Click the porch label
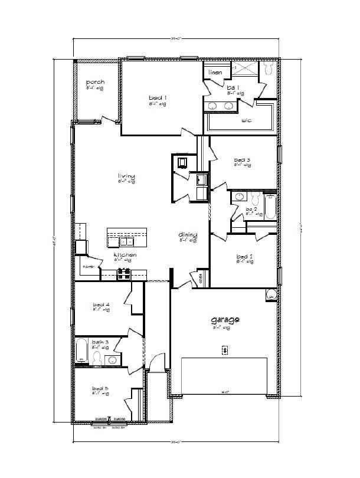click(95, 82)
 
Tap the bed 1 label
click(157, 97)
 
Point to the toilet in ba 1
click(268, 70)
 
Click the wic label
click(246, 120)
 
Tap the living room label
click(126, 176)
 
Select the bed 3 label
click(243, 160)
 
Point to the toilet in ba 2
click(253, 197)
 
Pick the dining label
click(188, 235)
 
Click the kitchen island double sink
click(127, 241)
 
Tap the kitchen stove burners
click(125, 273)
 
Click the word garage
click(225, 320)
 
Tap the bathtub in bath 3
click(82, 352)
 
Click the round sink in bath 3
click(111, 359)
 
